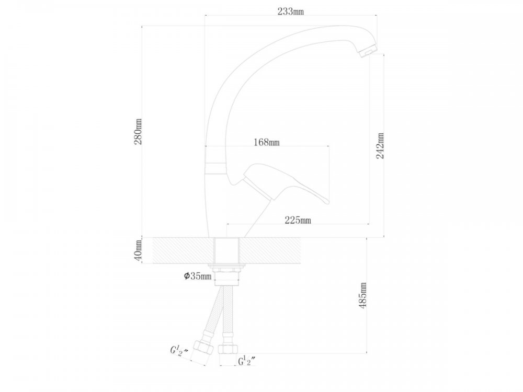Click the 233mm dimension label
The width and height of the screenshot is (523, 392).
point(290,11)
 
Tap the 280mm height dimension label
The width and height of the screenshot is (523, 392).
point(138,132)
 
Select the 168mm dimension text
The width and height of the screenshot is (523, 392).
point(267,142)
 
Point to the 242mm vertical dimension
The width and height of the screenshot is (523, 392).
point(380,146)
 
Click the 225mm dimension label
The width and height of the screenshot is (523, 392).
point(298,220)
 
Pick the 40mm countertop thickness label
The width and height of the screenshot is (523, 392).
point(138,250)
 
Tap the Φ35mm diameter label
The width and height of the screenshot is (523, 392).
point(198,276)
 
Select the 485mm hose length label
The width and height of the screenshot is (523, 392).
point(363,295)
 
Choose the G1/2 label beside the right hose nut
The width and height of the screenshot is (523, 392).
point(247,361)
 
